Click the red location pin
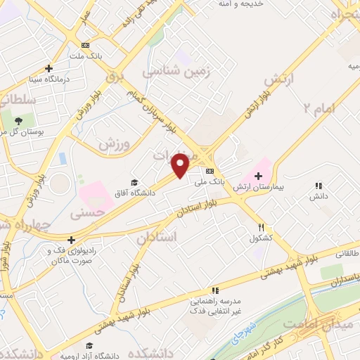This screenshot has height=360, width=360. pyautogui.click(x=181, y=165)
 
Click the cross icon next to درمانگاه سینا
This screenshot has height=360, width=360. pyautogui.click(x=49, y=68)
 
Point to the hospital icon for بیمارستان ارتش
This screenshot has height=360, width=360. pyautogui.click(x=258, y=174)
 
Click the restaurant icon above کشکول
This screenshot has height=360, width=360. pyautogui.click(x=262, y=227)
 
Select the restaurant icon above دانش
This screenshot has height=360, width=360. pyautogui.click(x=319, y=186)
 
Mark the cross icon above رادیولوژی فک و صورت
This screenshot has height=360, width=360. pyautogui.click(x=72, y=239)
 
